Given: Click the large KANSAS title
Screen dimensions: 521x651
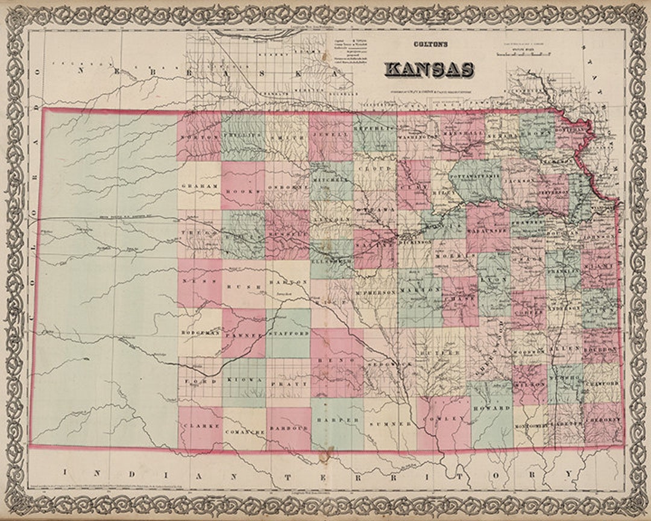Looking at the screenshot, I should tap(429, 69).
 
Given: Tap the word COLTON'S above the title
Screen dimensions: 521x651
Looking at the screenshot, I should tap(429, 44).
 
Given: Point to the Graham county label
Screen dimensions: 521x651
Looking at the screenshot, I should tap(199, 186).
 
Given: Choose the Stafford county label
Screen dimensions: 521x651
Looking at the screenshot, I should tap(288, 333).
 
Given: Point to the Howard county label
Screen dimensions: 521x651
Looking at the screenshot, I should tap(492, 408).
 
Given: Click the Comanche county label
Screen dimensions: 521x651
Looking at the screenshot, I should tap(244, 432).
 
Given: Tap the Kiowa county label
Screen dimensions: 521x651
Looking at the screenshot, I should tap(244, 380).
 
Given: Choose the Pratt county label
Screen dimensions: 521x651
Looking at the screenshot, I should tap(288, 383).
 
